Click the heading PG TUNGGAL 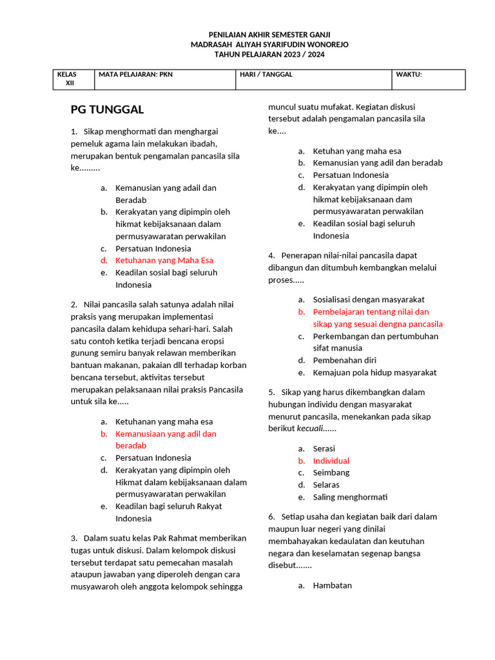point(107,110)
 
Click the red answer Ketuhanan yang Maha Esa point(164,260)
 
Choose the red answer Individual point(331,461)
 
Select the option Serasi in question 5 point(324,449)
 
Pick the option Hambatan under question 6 point(333,586)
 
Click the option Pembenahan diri point(345,360)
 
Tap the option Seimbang point(331,472)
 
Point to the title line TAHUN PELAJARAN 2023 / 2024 point(269,55)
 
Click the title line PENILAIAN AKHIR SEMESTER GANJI point(269,34)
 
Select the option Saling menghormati point(351,497)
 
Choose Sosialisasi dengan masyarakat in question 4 point(369,300)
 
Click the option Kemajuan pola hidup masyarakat point(374,373)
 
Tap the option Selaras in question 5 point(326,485)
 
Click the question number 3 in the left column point(74,538)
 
